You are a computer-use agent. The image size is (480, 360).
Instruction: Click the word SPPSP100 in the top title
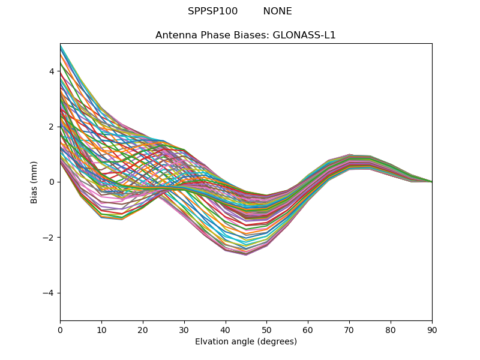point(212,11)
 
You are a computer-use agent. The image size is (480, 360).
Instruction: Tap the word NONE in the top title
point(277,11)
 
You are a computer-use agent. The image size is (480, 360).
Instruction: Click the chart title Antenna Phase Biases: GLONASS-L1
point(245,35)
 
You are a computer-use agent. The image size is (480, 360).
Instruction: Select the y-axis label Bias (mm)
point(34,182)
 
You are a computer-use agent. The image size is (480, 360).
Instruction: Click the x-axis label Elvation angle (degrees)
point(245,341)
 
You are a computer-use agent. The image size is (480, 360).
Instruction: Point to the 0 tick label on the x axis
point(60,329)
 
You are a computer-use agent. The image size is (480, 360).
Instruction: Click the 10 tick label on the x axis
point(101,329)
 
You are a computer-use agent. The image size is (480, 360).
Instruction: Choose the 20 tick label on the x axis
point(143,329)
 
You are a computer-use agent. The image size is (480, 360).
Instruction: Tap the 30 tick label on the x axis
point(184,329)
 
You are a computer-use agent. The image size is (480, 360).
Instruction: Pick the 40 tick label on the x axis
point(226,329)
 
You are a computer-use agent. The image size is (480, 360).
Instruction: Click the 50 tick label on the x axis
point(266,329)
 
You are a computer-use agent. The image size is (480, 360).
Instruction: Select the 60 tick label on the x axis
point(308,329)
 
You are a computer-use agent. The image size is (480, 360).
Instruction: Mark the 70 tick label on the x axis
point(349,329)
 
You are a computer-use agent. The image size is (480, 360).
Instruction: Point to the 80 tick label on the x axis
point(391,329)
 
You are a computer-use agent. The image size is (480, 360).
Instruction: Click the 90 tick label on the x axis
point(432,329)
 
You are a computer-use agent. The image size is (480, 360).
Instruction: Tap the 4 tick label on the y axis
point(52,71)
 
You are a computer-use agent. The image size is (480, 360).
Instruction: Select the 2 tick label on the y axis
point(52,127)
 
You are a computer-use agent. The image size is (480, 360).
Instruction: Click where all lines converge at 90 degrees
point(431,181)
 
